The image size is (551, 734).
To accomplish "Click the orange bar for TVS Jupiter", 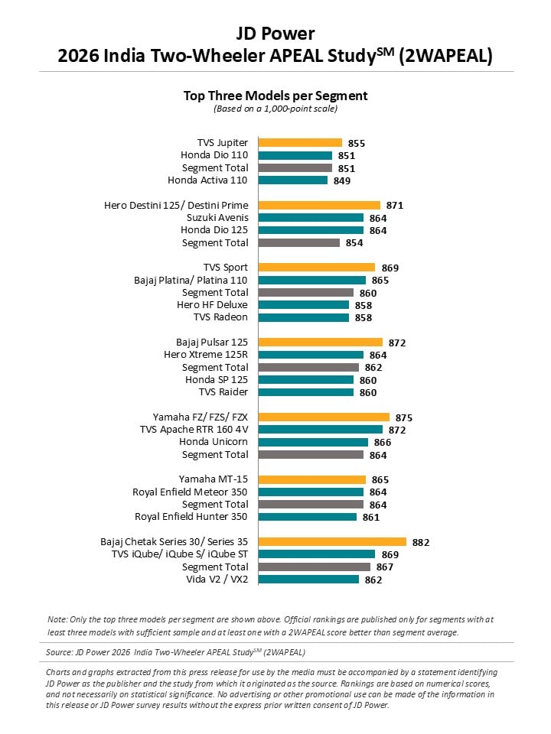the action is (x=300, y=143).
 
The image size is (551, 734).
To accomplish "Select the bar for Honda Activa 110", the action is (x=293, y=180).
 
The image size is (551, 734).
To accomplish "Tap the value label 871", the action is (x=395, y=206).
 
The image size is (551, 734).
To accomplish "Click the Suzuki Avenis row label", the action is (x=217, y=218).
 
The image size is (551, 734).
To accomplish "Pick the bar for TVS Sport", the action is (x=317, y=268).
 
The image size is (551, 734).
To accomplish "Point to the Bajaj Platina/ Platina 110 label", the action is (x=191, y=281).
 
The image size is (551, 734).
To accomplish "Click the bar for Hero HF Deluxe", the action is (x=304, y=305).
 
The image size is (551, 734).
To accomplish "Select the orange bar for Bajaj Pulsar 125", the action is (x=321, y=343).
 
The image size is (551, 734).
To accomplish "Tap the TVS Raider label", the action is (x=223, y=391).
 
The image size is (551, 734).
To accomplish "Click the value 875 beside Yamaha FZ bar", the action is (x=404, y=417).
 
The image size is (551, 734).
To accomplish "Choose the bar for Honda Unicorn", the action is (x=314, y=442).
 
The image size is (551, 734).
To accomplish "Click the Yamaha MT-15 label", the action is (x=214, y=479).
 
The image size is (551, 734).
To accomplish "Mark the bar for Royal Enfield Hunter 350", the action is (x=308, y=517).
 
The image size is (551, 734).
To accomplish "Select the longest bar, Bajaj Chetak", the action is (x=332, y=541).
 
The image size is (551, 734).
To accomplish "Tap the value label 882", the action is (x=421, y=543).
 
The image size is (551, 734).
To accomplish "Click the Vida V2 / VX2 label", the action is (x=217, y=580).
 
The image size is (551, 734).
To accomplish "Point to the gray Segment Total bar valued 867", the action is (x=315, y=567).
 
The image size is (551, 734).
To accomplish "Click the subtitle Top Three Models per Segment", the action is (x=275, y=96).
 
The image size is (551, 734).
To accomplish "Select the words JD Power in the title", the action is (x=275, y=34).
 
